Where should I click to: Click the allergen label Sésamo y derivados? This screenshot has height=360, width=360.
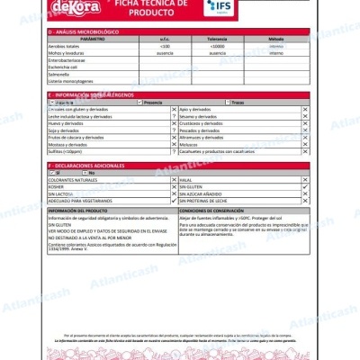(199, 117)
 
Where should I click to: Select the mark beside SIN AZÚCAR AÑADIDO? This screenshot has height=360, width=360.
(304, 193)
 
